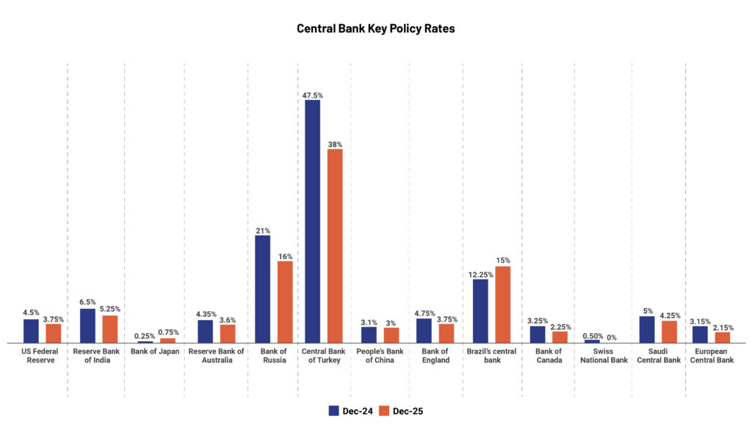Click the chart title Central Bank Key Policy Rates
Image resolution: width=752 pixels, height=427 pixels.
[x=375, y=29]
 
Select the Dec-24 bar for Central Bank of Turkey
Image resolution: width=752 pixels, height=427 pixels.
[x=312, y=221]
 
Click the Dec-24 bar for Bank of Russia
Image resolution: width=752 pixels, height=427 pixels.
[x=262, y=289]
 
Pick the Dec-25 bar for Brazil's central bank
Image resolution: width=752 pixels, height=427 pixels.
[x=503, y=304]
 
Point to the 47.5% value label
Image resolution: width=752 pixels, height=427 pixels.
[x=312, y=95]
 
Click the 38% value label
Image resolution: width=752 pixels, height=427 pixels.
[x=336, y=145]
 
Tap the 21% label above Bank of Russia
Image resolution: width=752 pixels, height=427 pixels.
[x=262, y=230]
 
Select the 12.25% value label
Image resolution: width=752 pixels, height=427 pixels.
[x=480, y=274]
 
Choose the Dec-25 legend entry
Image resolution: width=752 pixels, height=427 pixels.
[x=401, y=411]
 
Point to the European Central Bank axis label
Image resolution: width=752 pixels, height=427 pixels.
[x=712, y=355]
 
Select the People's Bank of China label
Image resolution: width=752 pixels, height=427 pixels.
[x=380, y=355]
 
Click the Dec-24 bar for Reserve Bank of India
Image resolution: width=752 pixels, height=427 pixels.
[x=87, y=326]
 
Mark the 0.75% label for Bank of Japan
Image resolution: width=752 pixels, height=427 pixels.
[x=168, y=332]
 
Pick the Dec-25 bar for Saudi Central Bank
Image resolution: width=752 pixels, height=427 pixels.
[x=669, y=332]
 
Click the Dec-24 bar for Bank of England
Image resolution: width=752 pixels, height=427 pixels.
[x=424, y=330]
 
